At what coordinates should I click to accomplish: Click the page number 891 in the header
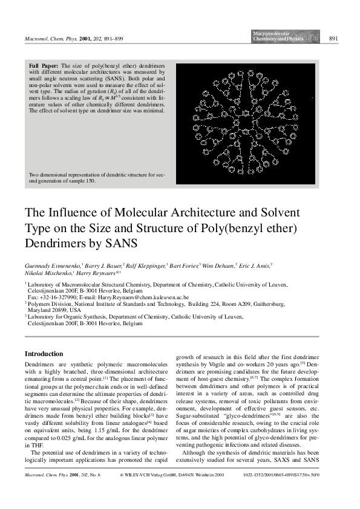click(x=333, y=39)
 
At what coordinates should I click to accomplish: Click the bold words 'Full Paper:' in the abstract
click(x=44, y=64)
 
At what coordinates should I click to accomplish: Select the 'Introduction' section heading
click(x=44, y=354)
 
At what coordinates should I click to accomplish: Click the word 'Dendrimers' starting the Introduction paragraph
click(x=39, y=366)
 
